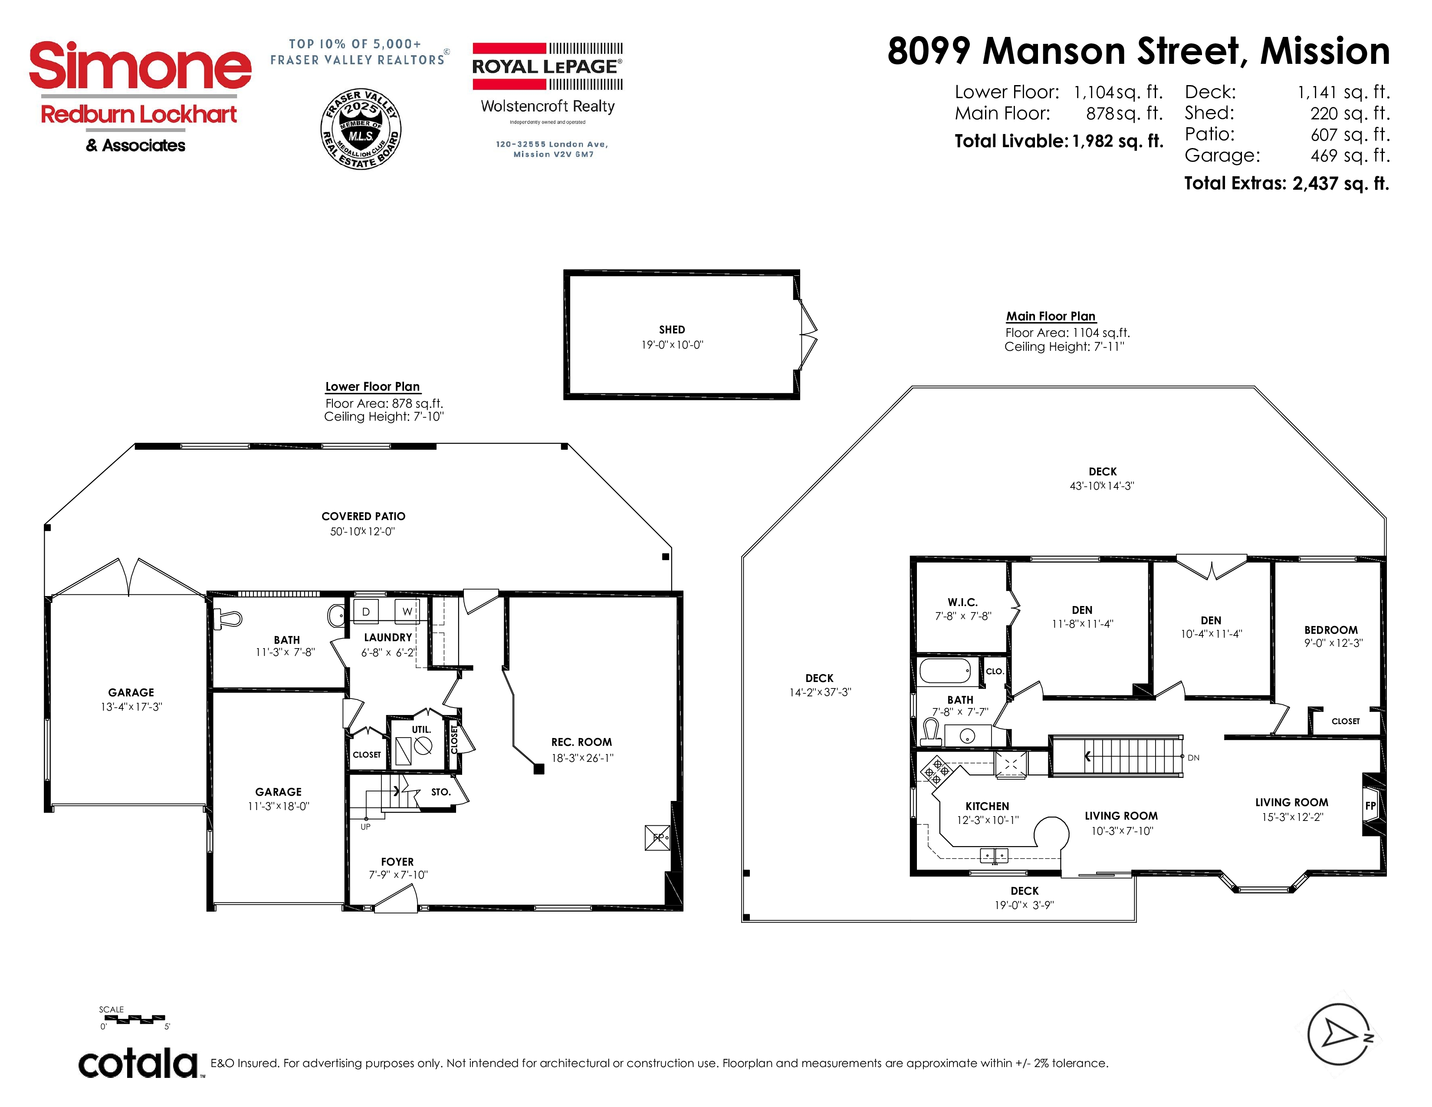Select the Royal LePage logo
pyautogui.click(x=548, y=66)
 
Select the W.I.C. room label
pyautogui.click(x=962, y=602)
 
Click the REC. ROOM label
pyautogui.click(x=581, y=742)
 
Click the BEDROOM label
pyautogui.click(x=1330, y=629)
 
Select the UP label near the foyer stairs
pyautogui.click(x=365, y=826)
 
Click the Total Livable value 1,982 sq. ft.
pyautogui.click(x=1117, y=141)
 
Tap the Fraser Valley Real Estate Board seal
pyautogui.click(x=361, y=128)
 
